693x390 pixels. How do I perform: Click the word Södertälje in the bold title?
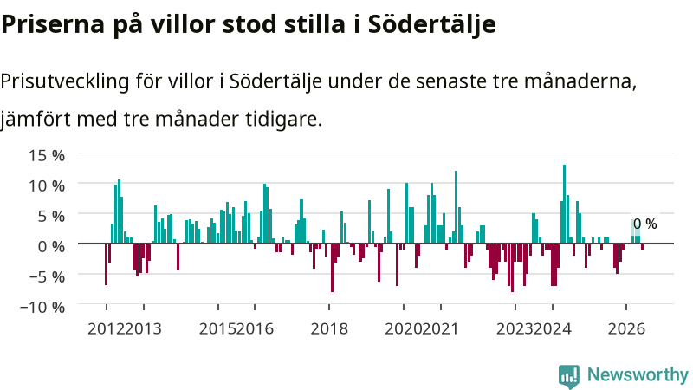[x=431, y=25]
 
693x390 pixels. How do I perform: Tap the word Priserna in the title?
[x=53, y=25]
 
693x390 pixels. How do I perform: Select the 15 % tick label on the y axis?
[x=47, y=155]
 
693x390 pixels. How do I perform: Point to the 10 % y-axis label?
[x=47, y=185]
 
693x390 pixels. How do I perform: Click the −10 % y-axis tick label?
[x=42, y=307]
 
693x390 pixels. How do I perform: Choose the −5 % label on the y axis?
[x=47, y=276]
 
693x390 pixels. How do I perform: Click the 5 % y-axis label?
[x=51, y=216]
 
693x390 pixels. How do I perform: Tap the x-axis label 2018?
[x=329, y=329]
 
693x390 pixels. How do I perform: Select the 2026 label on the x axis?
[x=626, y=329]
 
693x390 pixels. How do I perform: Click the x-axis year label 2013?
[x=144, y=329]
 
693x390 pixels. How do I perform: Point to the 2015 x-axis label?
[x=217, y=329]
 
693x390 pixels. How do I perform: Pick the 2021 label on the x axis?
[x=440, y=329]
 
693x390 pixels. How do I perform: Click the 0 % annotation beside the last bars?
[x=644, y=224]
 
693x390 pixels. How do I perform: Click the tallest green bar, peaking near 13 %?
[x=565, y=204]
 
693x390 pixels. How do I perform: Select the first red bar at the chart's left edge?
[x=106, y=264]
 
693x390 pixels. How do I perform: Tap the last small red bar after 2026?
[x=642, y=246]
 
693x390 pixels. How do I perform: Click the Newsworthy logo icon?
[x=569, y=376]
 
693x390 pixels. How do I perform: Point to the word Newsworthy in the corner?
[x=638, y=374]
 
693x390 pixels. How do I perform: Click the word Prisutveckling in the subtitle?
[x=65, y=81]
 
